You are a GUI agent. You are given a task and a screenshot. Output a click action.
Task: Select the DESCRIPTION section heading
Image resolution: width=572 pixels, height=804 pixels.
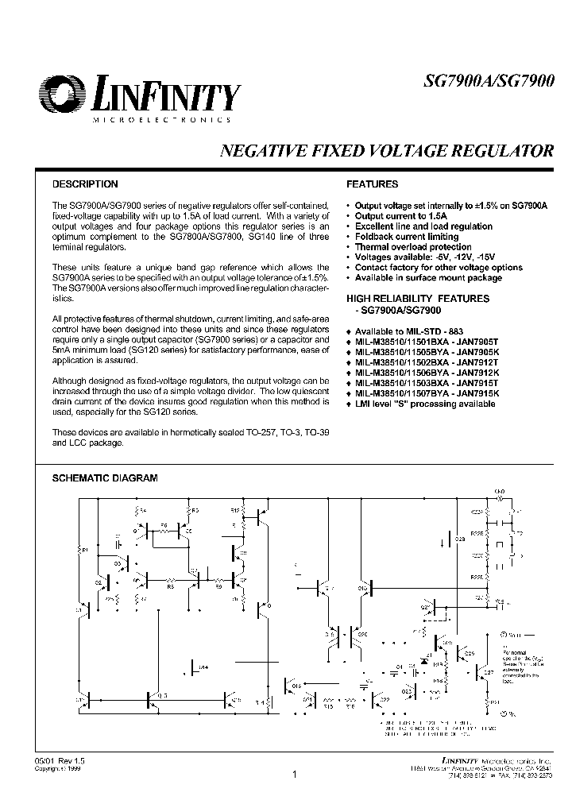pos(85,184)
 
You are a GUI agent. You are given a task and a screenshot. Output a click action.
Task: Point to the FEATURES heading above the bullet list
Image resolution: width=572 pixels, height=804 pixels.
pos(373,184)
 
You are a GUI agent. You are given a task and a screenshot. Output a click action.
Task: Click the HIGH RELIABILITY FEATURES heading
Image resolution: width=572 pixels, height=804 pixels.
pos(418,299)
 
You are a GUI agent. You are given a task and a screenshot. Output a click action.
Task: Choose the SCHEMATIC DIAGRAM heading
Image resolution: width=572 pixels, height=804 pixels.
pos(105,478)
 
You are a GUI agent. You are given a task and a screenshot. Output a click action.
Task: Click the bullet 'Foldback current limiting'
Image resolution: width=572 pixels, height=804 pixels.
pos(407,237)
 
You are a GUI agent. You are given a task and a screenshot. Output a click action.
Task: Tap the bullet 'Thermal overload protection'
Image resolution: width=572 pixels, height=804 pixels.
pos(412,247)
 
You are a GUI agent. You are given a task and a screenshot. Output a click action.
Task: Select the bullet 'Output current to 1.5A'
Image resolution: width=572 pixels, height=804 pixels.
pos(401,216)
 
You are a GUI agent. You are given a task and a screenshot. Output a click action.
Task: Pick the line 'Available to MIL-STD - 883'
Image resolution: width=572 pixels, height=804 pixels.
pos(409,330)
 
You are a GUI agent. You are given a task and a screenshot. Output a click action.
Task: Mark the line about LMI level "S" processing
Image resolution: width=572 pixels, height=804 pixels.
pos(425,404)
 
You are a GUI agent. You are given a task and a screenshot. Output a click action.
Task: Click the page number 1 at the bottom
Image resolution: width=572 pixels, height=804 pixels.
pos(294,775)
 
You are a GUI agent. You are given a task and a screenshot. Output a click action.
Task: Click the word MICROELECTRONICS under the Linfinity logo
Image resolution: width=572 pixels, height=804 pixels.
pos(162,119)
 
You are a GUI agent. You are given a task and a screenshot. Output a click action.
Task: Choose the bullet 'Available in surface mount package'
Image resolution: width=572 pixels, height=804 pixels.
pos(428,278)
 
